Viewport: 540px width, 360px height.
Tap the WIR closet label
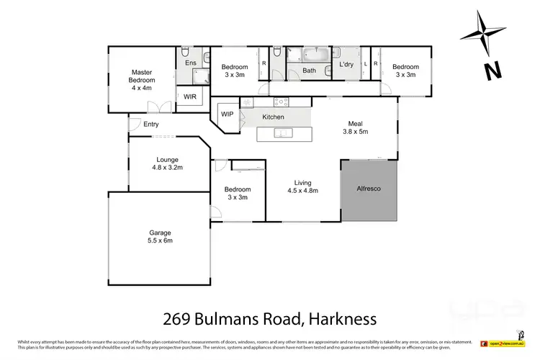[191, 96]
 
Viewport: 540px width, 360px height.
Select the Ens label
[191, 63]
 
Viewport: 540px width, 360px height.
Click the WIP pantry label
[228, 114]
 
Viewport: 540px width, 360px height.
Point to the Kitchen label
[273, 117]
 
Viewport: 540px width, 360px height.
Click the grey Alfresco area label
[368, 189]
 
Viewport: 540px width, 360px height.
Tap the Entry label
[150, 125]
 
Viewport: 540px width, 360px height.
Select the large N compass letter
[492, 71]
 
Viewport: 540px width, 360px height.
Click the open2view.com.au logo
[507, 343]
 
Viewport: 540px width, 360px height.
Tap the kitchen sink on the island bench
[286, 132]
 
